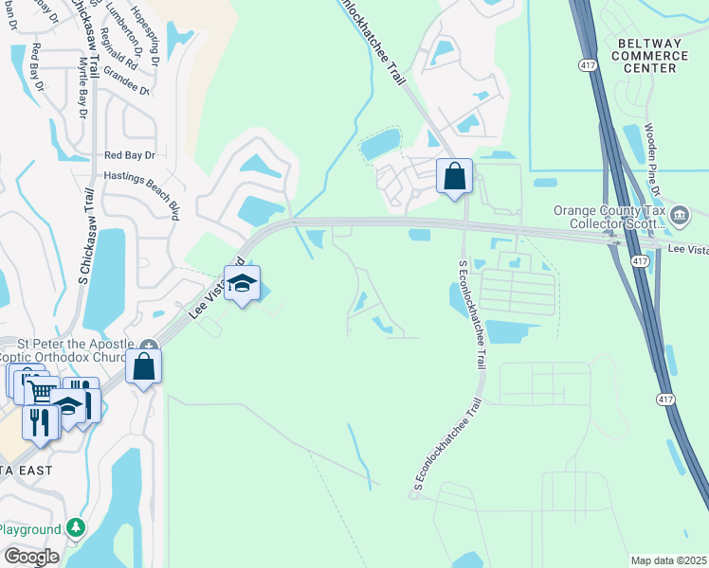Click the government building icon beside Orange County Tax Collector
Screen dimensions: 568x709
click(680, 216)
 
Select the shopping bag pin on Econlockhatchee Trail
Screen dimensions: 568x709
click(455, 176)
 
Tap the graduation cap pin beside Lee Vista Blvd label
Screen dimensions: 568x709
click(243, 284)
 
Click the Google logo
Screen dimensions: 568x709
click(30, 556)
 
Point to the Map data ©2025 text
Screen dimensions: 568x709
click(668, 560)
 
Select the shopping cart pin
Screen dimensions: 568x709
click(41, 391)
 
